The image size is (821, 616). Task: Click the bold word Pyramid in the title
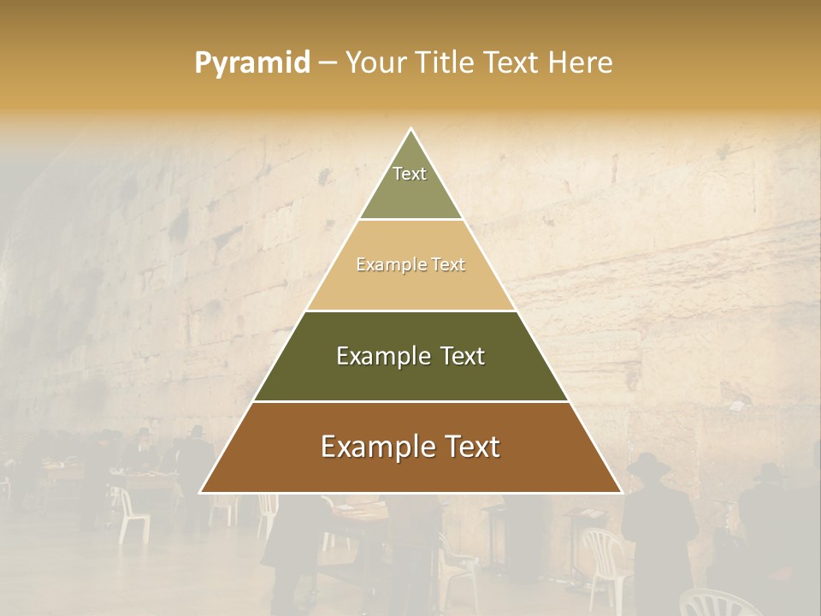[252, 63]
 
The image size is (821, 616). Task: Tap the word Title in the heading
[448, 63]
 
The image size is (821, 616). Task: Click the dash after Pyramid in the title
[328, 63]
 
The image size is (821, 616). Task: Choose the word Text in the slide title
[515, 63]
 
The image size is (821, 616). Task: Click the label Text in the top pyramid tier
[410, 174]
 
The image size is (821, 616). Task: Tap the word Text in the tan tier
[448, 265]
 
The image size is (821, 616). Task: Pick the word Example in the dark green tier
[380, 356]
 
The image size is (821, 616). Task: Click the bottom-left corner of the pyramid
[201, 493]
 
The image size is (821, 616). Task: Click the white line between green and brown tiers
[410, 401]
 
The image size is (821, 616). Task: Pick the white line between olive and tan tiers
[410, 219]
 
